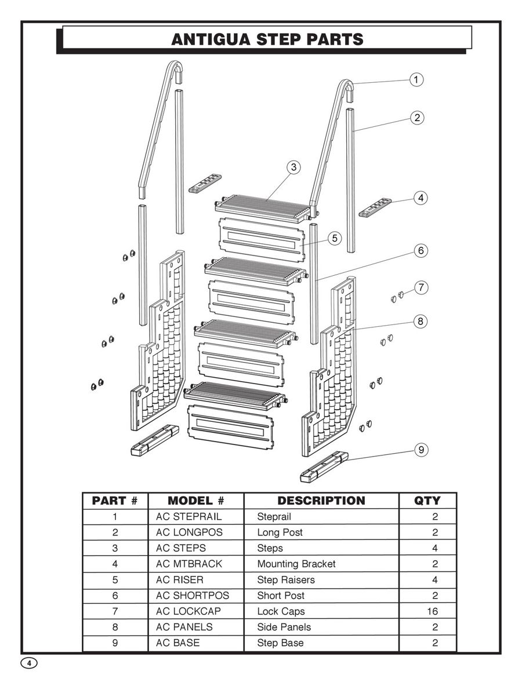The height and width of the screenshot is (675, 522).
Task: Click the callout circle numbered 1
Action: pyautogui.click(x=416, y=79)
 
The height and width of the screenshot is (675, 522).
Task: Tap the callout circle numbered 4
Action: pyautogui.click(x=421, y=198)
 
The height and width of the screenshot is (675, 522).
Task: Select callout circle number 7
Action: pyautogui.click(x=421, y=287)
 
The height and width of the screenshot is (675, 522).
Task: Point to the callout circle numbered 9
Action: pyautogui.click(x=421, y=449)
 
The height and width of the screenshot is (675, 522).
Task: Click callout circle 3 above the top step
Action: pyautogui.click(x=294, y=167)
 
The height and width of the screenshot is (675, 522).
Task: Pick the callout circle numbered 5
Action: pyautogui.click(x=334, y=238)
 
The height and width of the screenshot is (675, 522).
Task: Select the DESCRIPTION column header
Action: pyautogui.click(x=321, y=501)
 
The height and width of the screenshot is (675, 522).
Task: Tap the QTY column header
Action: pyautogui.click(x=427, y=501)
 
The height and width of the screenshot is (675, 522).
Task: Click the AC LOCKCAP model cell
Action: pyautogui.click(x=188, y=611)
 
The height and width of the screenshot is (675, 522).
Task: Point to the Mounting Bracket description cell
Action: pyautogui.click(x=296, y=564)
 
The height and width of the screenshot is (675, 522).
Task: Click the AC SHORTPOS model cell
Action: pyautogui.click(x=192, y=596)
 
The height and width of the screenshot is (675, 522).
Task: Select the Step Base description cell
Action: pyautogui.click(x=280, y=643)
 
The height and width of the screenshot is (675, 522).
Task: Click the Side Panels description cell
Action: pyautogui.click(x=284, y=627)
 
